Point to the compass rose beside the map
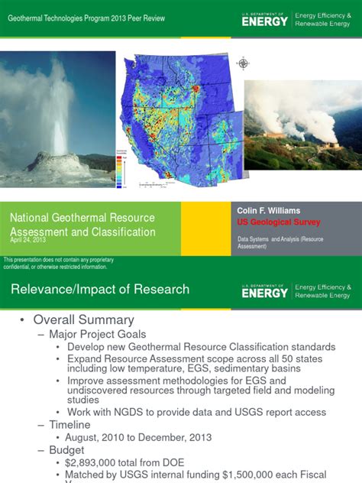244,63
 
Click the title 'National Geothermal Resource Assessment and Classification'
82,225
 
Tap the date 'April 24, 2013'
28,240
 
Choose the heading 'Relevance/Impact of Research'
99,290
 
